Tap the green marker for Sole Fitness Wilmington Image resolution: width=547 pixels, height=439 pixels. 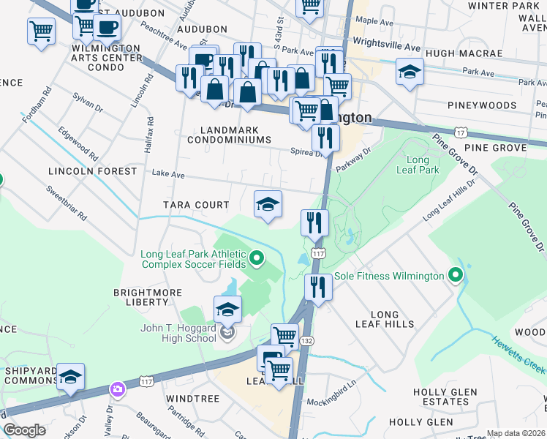coord(456,276)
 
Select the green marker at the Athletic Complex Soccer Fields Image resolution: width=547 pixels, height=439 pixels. coord(256,258)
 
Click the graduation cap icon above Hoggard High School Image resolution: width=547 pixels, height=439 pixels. coord(227,310)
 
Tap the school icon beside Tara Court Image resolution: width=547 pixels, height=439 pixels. coord(268,205)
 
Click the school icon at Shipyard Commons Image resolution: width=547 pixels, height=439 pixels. coord(70,378)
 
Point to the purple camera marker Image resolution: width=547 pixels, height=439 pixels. coord(117,389)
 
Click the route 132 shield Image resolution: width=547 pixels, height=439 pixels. coord(308,341)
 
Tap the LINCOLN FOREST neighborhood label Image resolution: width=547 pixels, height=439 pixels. coord(92,171)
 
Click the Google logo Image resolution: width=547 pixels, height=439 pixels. coord(24,430)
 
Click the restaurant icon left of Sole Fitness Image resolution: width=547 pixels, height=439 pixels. coord(317,286)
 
